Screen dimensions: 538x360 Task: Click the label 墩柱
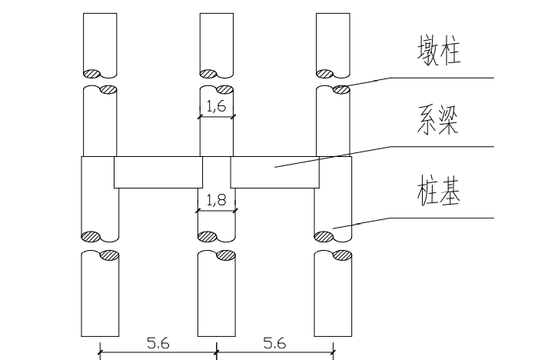point(439,51)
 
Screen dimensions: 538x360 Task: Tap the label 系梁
point(438,119)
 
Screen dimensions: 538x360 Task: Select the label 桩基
point(439,190)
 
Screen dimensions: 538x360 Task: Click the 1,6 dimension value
point(217,106)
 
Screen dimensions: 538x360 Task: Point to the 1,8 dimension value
point(217,199)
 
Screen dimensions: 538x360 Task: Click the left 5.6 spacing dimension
point(158,343)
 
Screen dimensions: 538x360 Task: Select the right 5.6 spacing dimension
point(274,343)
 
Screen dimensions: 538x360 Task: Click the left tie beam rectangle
point(158,172)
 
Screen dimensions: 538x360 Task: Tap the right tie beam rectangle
point(275,172)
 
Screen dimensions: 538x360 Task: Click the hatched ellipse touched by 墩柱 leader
point(342,90)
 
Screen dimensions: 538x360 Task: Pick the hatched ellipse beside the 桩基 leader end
point(324,237)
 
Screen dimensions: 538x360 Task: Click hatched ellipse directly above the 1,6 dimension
point(224,90)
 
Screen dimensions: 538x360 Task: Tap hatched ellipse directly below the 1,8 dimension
point(208,237)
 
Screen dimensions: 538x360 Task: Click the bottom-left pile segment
point(100,293)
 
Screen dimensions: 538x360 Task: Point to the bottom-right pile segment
point(333,293)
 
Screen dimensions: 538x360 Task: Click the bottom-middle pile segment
point(217,293)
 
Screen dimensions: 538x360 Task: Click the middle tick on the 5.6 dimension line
point(217,352)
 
